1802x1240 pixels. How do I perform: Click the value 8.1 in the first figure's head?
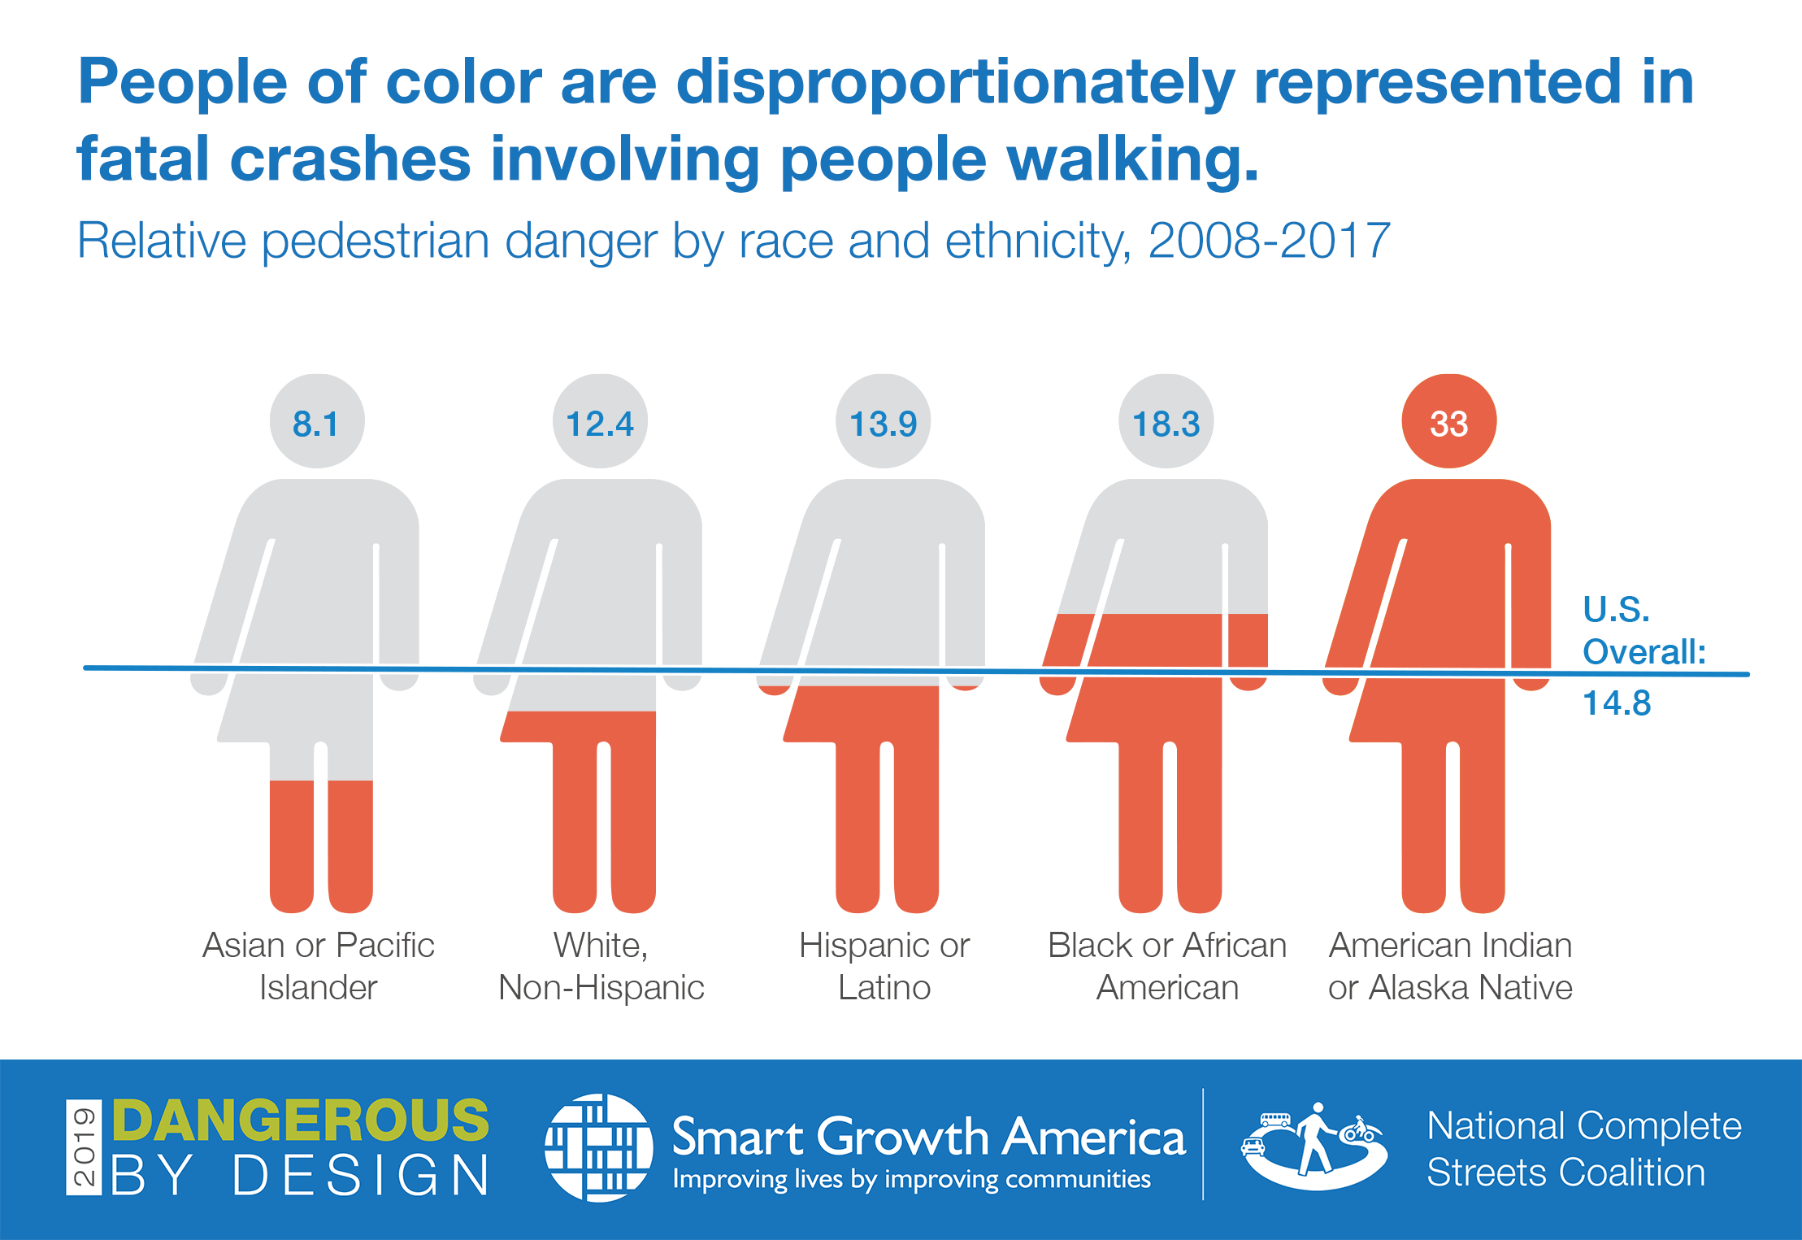tap(315, 424)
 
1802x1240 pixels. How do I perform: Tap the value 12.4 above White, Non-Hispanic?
tap(599, 424)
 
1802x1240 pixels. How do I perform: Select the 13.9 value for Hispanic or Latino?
tap(883, 424)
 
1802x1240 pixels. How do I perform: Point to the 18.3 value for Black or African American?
tap(1166, 424)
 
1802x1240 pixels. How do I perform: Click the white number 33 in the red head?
tap(1448, 424)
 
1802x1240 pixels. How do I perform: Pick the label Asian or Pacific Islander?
tap(318, 966)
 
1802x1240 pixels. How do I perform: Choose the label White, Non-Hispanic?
tap(601, 966)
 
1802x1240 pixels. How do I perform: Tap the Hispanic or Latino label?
tap(884, 966)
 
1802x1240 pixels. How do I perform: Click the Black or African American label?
tap(1167, 966)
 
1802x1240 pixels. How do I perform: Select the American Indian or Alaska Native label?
tap(1450, 966)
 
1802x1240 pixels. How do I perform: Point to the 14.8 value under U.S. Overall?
tap(1617, 703)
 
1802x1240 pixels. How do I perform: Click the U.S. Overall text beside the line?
tap(1642, 631)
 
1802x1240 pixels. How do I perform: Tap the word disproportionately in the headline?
tap(955, 83)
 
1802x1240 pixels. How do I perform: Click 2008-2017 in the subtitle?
tap(1269, 241)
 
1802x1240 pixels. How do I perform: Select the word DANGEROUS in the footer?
tap(300, 1120)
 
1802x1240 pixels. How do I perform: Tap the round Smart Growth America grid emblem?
tap(598, 1147)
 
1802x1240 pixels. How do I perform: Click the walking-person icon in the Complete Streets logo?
tap(1314, 1138)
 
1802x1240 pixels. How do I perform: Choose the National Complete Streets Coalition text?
tap(1583, 1149)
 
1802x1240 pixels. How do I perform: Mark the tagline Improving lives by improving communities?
tap(911, 1179)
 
